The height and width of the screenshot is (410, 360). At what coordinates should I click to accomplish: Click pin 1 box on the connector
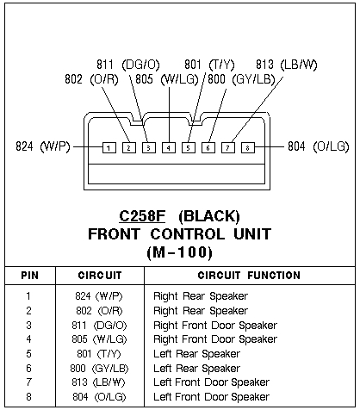[x=109, y=147]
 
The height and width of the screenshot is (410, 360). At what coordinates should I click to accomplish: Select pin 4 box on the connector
[x=169, y=147]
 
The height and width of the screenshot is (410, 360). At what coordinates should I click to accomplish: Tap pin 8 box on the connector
[x=248, y=147]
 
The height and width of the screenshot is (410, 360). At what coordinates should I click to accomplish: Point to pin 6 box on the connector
[x=208, y=147]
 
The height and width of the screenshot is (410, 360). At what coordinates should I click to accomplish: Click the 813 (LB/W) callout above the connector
[x=287, y=64]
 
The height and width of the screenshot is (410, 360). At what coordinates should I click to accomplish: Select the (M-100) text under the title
[x=180, y=252]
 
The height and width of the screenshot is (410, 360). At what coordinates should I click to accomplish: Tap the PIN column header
[x=29, y=276]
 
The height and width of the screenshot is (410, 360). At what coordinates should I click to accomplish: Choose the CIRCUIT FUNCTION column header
[x=249, y=276]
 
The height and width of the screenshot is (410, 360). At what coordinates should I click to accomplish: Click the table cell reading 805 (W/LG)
[x=99, y=339]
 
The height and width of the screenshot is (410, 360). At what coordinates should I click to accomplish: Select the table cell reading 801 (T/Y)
[x=99, y=353]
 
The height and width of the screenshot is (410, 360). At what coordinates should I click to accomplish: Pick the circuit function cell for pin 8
[x=211, y=396]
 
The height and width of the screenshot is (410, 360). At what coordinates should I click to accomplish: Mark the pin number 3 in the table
[x=28, y=325]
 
